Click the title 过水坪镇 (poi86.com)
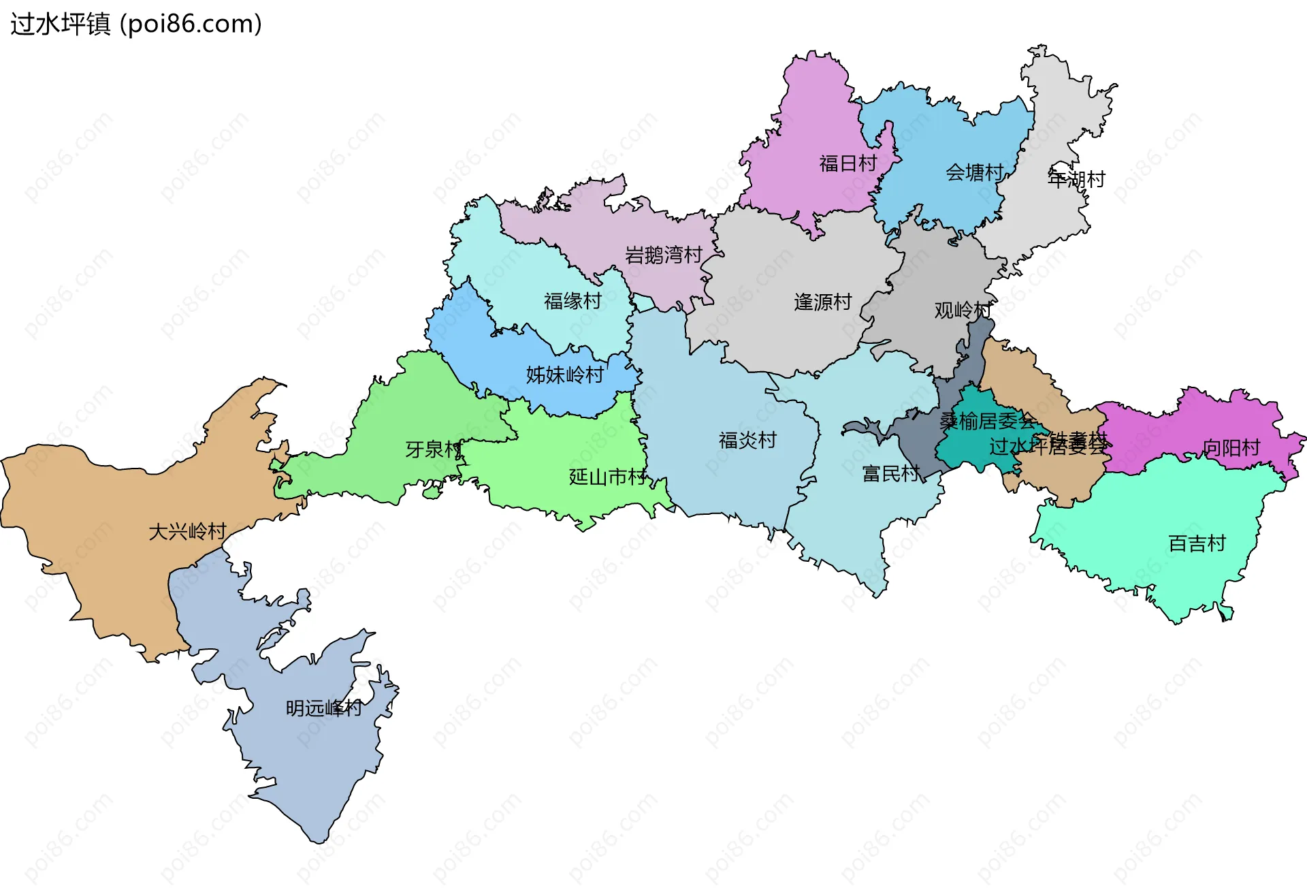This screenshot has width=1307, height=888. (136, 24)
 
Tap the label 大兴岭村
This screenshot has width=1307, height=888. (187, 531)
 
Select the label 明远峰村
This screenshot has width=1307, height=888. (323, 708)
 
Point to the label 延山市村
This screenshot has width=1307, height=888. (607, 477)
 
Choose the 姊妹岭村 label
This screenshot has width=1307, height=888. (564, 375)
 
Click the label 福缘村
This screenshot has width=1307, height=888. (572, 301)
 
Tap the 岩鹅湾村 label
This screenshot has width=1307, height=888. (664, 255)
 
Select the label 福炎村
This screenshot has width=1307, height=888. (747, 441)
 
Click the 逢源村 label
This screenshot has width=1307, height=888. (822, 302)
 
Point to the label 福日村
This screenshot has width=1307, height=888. (848, 163)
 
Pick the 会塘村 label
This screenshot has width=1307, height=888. (974, 173)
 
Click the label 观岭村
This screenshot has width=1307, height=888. (962, 311)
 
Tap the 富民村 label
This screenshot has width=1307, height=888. (890, 473)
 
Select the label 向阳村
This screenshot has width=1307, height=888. (1231, 447)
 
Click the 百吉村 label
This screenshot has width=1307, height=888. (1197, 543)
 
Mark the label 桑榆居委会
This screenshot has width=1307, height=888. (987, 421)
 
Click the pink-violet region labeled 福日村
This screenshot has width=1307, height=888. (810, 123)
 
